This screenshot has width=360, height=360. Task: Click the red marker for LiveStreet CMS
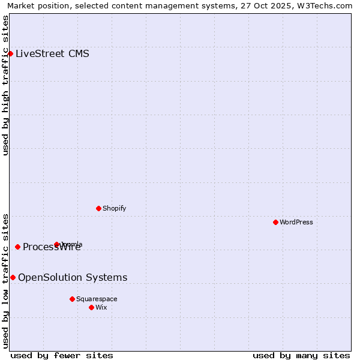[x=10, y=53]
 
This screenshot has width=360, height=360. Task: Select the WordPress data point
[x=275, y=222]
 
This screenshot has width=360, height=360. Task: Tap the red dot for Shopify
[x=98, y=208]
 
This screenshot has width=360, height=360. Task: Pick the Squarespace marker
[x=72, y=299]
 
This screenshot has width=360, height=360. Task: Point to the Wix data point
[x=91, y=307]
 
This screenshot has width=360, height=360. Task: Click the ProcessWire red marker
[x=17, y=247]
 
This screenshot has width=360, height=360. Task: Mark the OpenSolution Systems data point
[x=13, y=277]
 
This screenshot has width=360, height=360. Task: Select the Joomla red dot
[x=56, y=244]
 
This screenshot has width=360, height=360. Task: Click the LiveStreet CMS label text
[x=52, y=53]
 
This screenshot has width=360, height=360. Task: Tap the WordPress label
[x=296, y=222]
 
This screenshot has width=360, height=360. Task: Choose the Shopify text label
[x=114, y=208]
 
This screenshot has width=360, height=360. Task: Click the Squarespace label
[x=97, y=299]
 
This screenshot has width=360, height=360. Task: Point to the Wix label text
[x=101, y=307]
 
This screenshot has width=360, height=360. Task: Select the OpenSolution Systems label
[x=73, y=277]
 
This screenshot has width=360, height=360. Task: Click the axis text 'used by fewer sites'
[x=62, y=355]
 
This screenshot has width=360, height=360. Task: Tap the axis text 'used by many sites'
[x=301, y=355]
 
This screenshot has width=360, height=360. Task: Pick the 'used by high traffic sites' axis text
[x=6, y=85]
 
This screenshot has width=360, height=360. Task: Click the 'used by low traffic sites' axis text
[x=6, y=280]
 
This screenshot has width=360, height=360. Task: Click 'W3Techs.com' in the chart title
[x=325, y=5]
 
